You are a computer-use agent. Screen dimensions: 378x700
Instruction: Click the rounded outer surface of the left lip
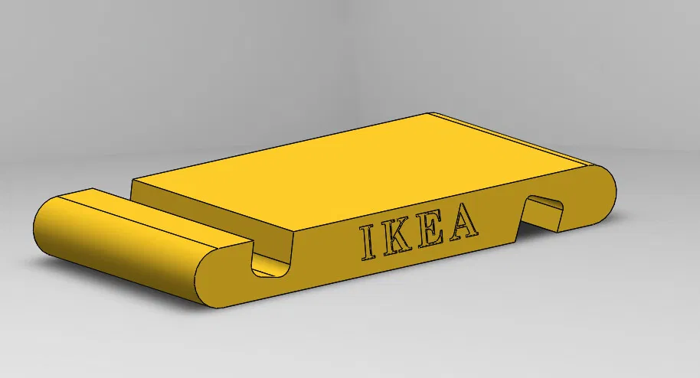pyautogui.click(x=115, y=260)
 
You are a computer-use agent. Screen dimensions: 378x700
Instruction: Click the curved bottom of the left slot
pyautogui.click(x=272, y=271)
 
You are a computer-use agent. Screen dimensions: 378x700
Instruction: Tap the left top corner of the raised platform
pyautogui.click(x=133, y=181)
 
